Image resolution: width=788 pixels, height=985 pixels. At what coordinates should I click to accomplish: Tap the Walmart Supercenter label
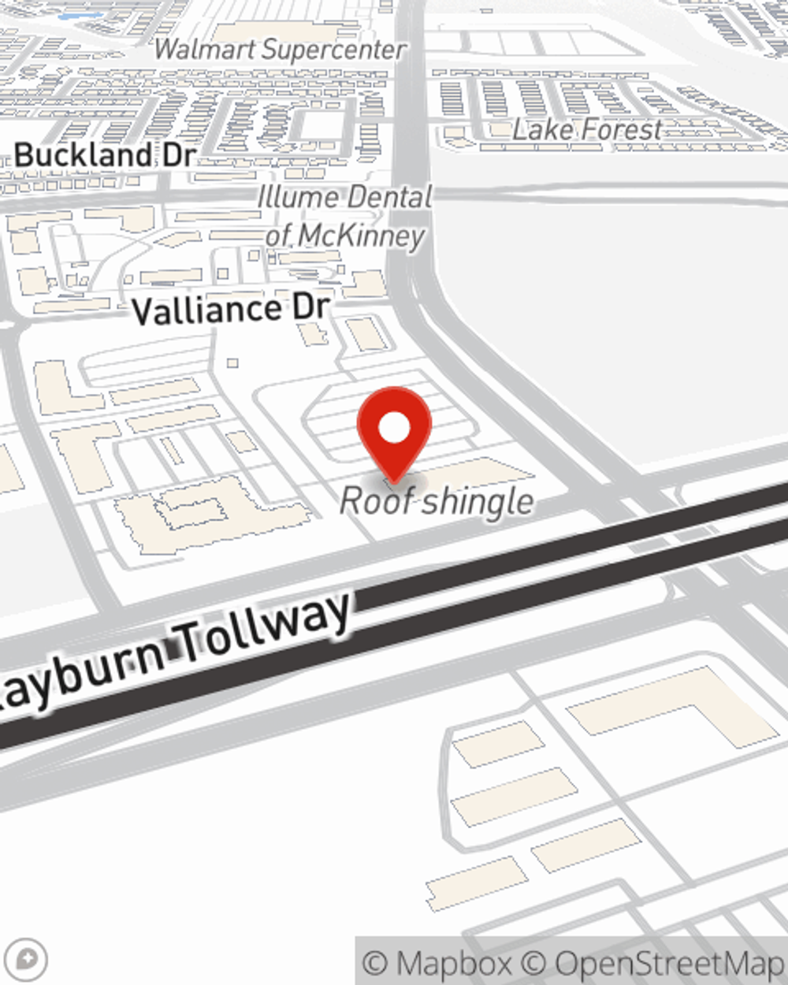coord(280,50)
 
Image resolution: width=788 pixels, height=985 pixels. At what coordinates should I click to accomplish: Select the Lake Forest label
coord(587,129)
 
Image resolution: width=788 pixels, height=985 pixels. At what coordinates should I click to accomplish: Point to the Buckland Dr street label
coord(104,154)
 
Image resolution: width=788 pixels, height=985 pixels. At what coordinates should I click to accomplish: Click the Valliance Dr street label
coord(230,309)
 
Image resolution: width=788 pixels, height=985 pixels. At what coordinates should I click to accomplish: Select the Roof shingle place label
coord(437,501)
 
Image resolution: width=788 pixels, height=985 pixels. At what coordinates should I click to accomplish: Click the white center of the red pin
coord(394,428)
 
